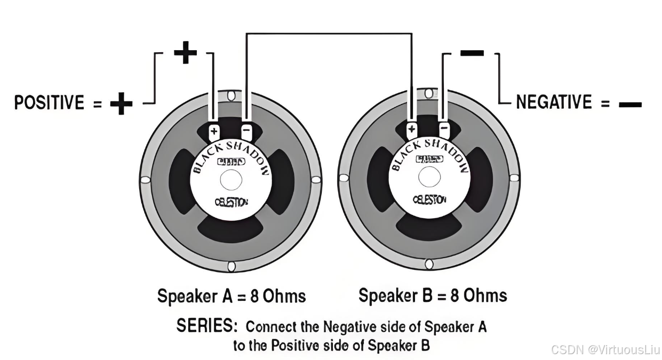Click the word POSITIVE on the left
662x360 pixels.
(49, 103)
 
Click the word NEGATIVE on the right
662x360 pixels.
(554, 102)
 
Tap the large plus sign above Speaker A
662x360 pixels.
(185, 53)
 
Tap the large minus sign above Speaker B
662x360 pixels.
(472, 53)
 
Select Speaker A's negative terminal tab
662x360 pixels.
(246, 131)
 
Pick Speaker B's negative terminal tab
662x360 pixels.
(444, 129)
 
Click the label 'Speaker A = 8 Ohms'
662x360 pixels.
(232, 296)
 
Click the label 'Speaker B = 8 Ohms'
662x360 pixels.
(433, 295)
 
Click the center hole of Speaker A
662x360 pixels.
(230, 180)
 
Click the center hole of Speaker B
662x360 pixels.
(428, 178)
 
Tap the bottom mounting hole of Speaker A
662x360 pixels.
(231, 266)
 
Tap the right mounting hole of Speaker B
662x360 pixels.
(515, 177)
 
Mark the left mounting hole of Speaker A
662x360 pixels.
(145, 181)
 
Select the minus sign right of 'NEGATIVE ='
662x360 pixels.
(630, 105)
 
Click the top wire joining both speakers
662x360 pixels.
(328, 34)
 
